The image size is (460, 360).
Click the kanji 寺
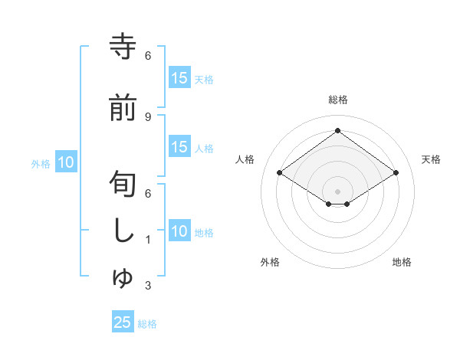123,46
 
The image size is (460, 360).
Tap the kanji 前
123,108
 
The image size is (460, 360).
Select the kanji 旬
123,185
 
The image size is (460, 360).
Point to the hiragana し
123,231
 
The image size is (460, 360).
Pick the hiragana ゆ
123,278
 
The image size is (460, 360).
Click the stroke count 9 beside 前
147,116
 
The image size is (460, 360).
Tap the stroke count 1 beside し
147,240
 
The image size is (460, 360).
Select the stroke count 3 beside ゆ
147,286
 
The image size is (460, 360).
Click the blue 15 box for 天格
179,78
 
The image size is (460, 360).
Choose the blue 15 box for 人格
179,148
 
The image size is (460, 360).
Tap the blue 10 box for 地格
179,232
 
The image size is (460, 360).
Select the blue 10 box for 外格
66,162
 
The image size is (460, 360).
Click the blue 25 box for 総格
123,323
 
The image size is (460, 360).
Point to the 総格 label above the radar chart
337,100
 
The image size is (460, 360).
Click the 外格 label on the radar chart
270,262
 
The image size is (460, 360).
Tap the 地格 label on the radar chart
402,262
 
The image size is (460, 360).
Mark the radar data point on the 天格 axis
396,173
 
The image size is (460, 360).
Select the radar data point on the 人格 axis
279,173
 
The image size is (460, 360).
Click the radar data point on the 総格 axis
337,131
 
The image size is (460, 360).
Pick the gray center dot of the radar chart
337,190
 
